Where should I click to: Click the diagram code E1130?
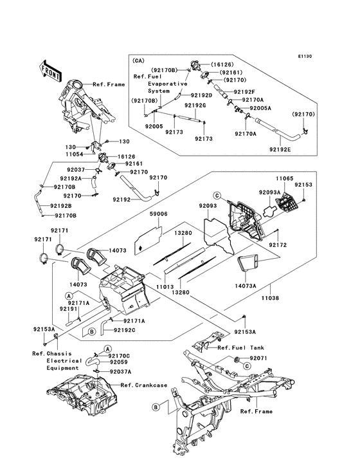[305, 56]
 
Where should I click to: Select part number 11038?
[270, 298]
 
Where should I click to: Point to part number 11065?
[285, 178]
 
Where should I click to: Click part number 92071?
[258, 358]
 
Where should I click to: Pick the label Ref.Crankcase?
[144, 385]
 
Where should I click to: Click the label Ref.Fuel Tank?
[241, 347]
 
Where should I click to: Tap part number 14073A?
[246, 286]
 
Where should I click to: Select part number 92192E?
[280, 149]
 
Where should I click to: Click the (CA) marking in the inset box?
[138, 60]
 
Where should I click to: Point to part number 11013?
[165, 287]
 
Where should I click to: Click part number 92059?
[119, 362]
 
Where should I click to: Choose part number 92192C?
[125, 330]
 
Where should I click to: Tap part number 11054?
[75, 154]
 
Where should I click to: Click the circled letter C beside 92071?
[247, 366]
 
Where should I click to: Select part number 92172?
[278, 245]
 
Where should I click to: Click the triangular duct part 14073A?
[248, 262]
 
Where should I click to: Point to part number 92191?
[68, 309]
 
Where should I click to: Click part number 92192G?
[195, 106]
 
